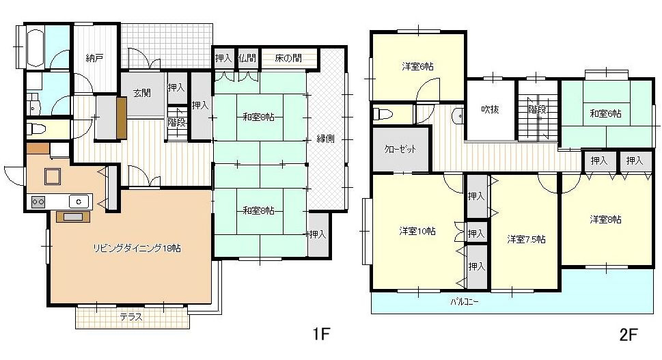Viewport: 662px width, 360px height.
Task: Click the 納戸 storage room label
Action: (94, 58)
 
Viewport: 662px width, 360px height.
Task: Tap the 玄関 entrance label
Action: (142, 93)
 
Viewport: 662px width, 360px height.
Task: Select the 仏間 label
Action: (247, 58)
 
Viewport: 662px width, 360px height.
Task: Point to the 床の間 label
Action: (288, 58)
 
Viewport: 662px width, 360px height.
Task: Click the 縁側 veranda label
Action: (325, 139)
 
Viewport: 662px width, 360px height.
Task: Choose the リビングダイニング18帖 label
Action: (137, 248)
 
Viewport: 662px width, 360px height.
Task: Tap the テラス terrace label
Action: (131, 317)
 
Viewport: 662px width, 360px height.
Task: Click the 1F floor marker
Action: (320, 334)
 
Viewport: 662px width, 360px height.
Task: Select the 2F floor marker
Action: (629, 335)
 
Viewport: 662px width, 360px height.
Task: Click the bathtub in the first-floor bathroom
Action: (36, 48)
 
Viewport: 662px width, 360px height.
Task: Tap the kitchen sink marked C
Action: (79, 202)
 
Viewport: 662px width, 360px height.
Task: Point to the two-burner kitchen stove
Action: (38, 202)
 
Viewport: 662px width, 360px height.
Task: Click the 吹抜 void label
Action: (490, 109)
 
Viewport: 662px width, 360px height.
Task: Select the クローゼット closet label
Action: (400, 149)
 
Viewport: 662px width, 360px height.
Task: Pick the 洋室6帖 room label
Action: (417, 66)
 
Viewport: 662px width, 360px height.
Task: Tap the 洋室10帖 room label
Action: (417, 231)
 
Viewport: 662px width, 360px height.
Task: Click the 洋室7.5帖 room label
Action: (526, 239)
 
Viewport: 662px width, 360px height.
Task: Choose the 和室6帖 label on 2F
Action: (605, 113)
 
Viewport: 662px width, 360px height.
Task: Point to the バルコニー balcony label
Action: (465, 302)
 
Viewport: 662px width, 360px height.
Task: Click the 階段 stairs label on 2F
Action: (538, 109)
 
